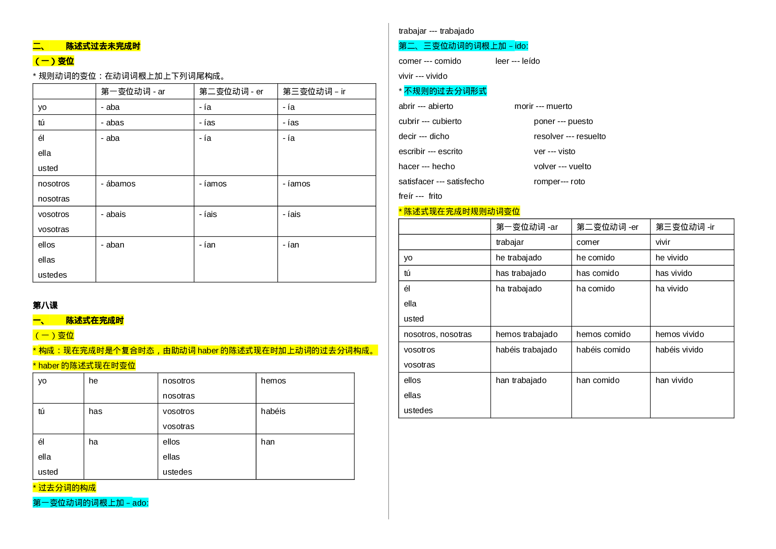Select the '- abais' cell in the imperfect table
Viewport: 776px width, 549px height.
click(x=113, y=214)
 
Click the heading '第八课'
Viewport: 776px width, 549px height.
click(x=45, y=305)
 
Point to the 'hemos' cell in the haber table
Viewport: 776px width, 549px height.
click(x=273, y=381)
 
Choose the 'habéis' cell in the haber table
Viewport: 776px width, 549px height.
click(x=273, y=411)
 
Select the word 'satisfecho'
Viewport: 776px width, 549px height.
click(x=465, y=182)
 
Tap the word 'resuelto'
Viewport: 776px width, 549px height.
click(x=591, y=136)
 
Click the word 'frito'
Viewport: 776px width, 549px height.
click(x=435, y=196)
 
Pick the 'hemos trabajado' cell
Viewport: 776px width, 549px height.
click(x=526, y=334)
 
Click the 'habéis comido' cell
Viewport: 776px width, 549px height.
click(x=603, y=350)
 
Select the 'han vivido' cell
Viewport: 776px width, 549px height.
click(x=674, y=380)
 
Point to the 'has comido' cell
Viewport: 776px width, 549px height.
click(x=598, y=273)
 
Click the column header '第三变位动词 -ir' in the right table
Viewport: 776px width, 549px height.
click(x=685, y=227)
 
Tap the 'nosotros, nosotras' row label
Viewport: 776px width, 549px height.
click(x=438, y=334)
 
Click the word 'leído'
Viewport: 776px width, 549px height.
click(x=531, y=61)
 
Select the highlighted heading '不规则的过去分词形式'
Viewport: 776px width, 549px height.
click(x=445, y=91)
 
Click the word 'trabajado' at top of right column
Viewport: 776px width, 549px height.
click(x=457, y=31)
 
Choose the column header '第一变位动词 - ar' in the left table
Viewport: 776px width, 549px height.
click(x=133, y=92)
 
